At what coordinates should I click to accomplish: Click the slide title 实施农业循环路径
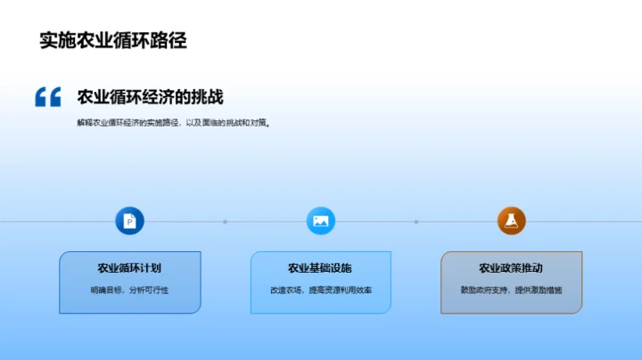click(x=113, y=40)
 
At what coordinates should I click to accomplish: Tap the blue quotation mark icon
click(x=48, y=96)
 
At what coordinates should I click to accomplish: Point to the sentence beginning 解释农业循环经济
click(x=173, y=123)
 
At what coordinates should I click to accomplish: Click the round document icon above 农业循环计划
click(x=129, y=221)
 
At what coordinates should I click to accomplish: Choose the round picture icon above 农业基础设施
click(x=320, y=221)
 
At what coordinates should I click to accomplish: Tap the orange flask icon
click(x=511, y=221)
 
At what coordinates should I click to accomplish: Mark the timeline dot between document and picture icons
click(x=225, y=222)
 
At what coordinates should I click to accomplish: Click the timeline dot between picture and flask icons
click(x=416, y=222)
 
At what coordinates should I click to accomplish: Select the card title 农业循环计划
click(x=129, y=267)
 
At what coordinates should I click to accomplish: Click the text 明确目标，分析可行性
click(x=129, y=290)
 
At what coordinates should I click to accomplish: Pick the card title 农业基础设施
click(x=320, y=267)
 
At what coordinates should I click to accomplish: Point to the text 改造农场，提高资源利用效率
click(x=320, y=290)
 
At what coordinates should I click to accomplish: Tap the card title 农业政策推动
click(x=511, y=267)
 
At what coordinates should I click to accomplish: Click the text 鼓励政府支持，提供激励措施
click(x=511, y=290)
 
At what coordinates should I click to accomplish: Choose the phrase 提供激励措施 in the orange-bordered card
click(x=537, y=290)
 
